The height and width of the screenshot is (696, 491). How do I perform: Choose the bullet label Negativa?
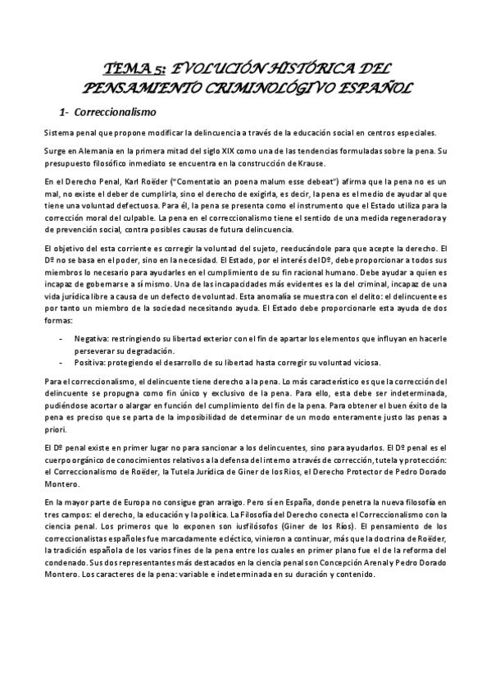[x=92, y=337]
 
